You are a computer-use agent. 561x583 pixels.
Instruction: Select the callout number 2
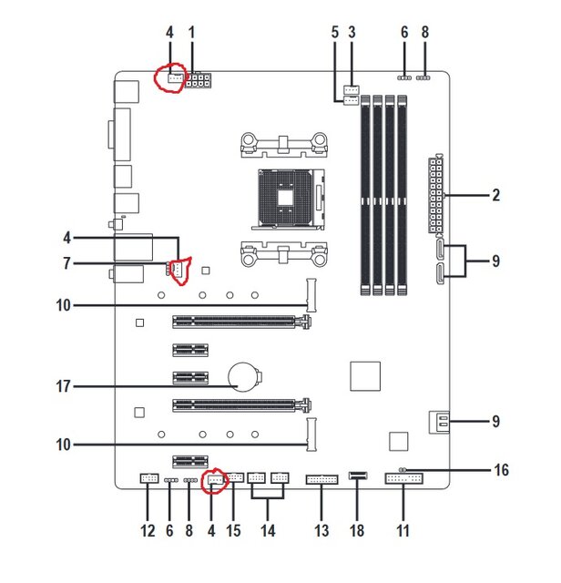point(496,195)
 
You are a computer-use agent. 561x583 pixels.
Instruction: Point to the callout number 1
point(192,32)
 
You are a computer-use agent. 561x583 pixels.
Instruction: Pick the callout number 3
point(352,32)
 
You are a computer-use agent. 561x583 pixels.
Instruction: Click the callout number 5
point(334,32)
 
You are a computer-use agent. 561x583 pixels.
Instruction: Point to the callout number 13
point(321,528)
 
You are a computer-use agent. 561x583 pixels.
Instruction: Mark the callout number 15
point(232,528)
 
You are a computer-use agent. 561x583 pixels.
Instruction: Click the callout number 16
point(500,470)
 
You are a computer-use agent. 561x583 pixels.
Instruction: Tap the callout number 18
point(356,528)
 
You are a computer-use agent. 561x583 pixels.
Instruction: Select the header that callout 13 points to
point(321,478)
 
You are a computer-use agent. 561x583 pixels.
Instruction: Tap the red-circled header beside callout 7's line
point(178,268)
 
